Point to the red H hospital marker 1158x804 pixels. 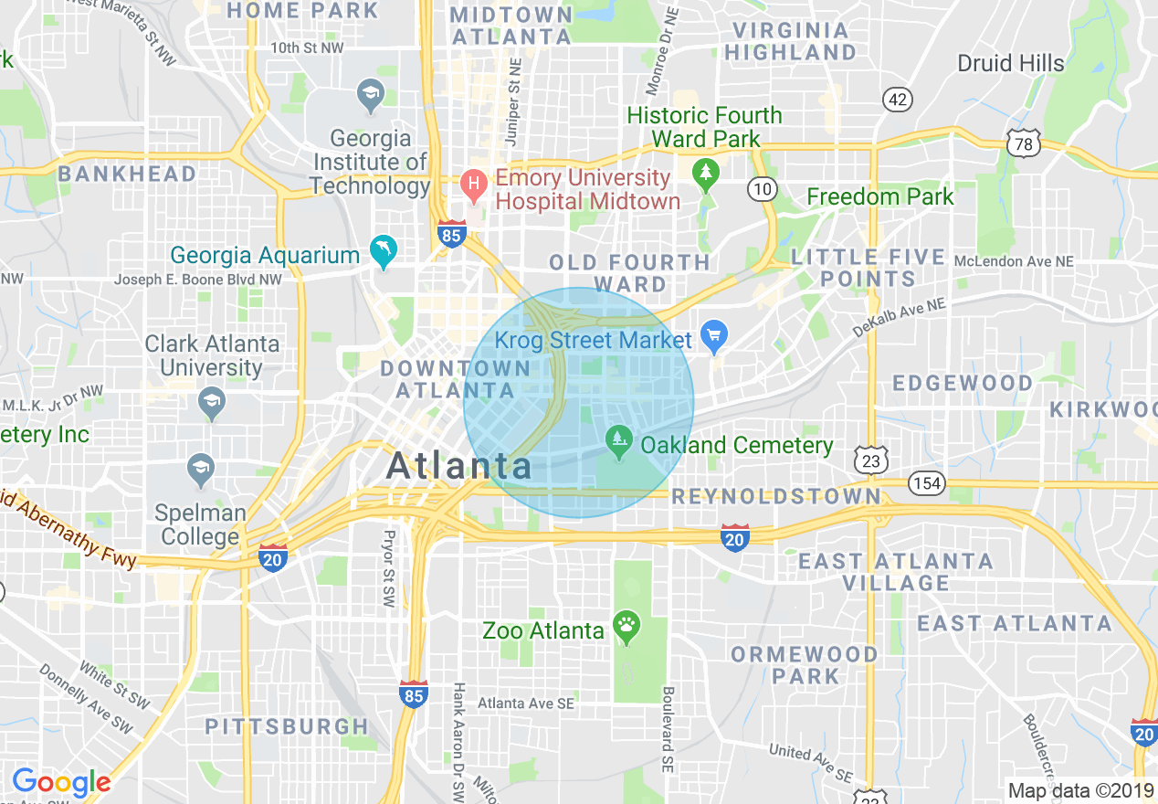coord(473,186)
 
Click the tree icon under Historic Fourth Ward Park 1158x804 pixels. coord(704,172)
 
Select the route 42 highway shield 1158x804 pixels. coord(898,100)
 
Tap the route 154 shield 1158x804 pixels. coord(927,482)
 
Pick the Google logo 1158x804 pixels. coord(61,782)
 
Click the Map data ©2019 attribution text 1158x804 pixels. coord(1080,790)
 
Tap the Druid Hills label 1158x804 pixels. coord(1010,63)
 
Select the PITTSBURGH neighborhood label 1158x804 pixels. coord(286,726)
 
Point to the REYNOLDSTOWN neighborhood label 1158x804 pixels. coord(776,496)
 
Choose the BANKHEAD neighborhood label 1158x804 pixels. coord(127,174)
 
